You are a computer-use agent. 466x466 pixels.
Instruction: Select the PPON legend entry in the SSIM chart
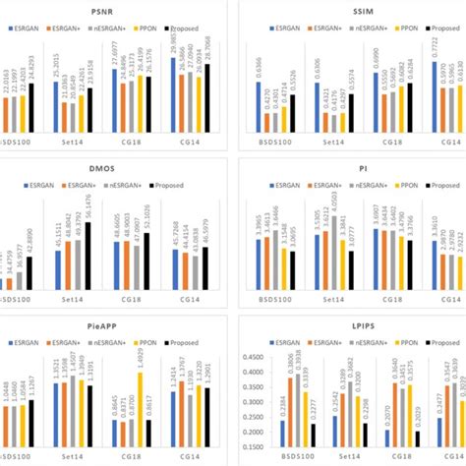tap(407, 29)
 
